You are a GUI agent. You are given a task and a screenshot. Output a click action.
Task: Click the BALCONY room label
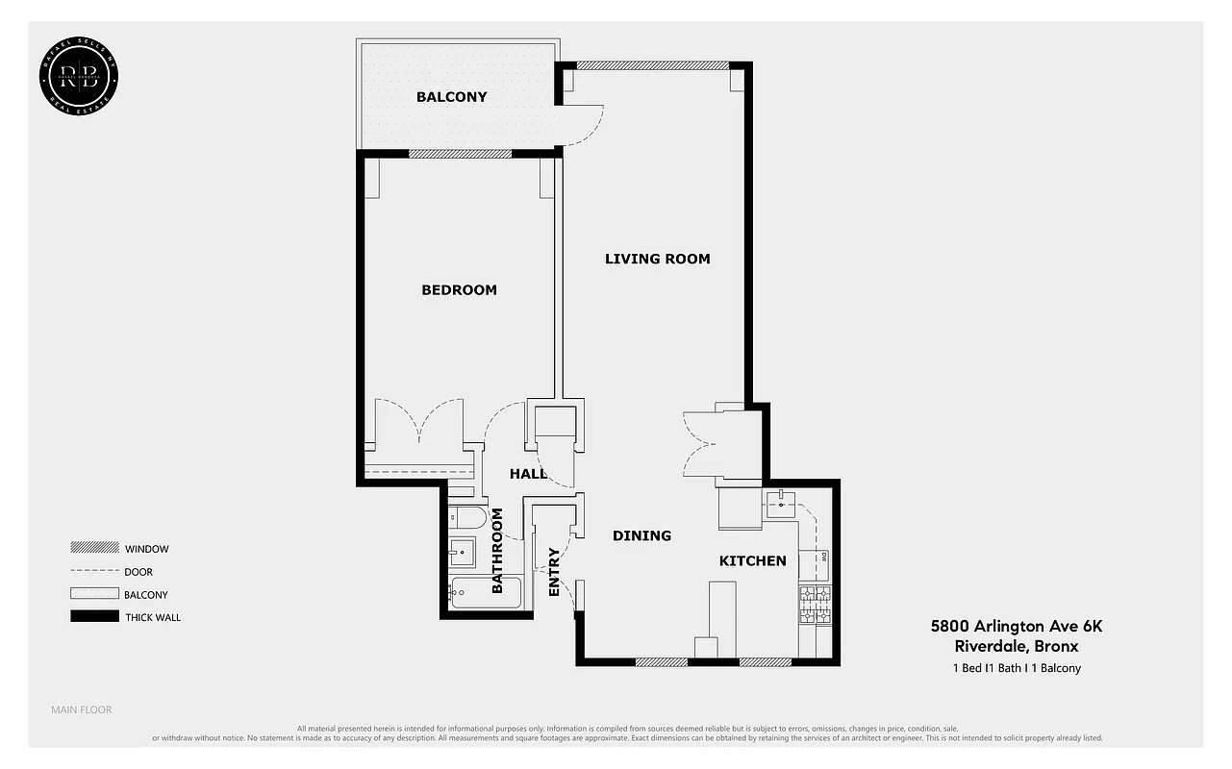coord(451,97)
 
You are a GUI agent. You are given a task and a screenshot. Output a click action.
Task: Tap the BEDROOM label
coord(459,290)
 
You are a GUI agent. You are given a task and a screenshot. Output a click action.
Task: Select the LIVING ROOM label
coord(657,259)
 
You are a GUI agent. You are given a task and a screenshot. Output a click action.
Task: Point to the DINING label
coord(641,535)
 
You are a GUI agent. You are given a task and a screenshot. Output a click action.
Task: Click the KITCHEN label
coord(752,560)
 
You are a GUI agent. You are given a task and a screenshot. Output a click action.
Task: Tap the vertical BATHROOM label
coord(497,551)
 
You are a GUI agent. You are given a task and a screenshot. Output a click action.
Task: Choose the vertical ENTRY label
coord(554,572)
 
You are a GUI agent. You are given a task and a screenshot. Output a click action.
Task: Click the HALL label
coord(528,474)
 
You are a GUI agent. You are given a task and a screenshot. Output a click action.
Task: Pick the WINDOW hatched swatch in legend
coord(93,548)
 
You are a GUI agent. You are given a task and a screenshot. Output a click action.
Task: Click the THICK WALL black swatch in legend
coord(93,616)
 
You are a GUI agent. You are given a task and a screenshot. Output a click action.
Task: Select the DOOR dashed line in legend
coord(93,572)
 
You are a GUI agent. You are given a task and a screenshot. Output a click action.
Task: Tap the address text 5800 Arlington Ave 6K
coord(1017,626)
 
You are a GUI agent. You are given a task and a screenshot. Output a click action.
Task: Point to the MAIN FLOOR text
coord(81,709)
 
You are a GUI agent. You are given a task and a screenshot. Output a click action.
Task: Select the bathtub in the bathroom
coord(486,593)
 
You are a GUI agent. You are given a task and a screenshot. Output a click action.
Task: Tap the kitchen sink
coord(781,503)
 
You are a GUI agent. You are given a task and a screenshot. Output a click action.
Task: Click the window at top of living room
coord(652,65)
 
